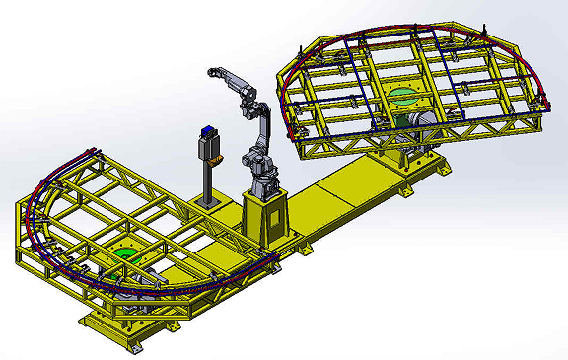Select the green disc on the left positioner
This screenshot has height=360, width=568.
coord(126,255)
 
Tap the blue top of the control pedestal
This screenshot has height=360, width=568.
coord(207,130)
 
